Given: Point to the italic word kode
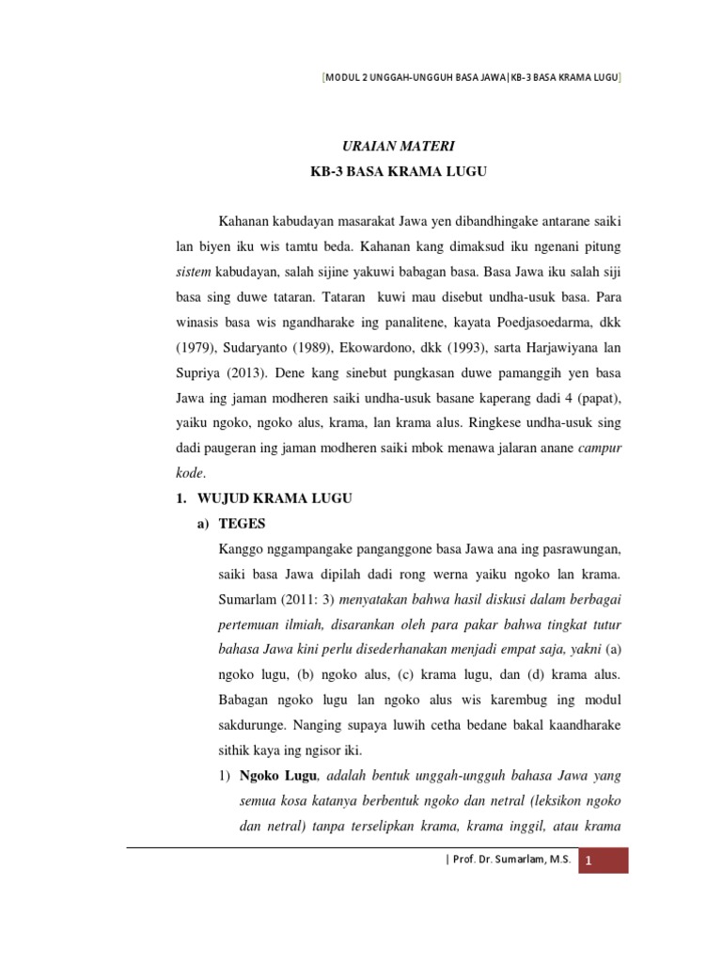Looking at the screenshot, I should tap(190, 473).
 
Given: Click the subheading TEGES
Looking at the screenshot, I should tap(243, 523).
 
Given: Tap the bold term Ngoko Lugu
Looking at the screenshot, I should tap(279, 776).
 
